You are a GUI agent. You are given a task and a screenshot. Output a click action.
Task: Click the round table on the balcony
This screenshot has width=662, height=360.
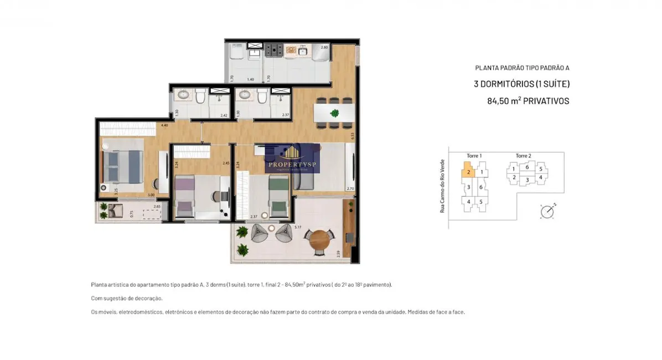[319, 239]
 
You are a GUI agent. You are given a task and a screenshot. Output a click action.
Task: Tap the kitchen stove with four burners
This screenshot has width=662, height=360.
[273, 50]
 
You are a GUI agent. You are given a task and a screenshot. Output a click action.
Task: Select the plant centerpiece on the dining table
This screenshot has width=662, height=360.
[334, 114]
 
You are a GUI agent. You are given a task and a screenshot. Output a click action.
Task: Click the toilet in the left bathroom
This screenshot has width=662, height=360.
[200, 98]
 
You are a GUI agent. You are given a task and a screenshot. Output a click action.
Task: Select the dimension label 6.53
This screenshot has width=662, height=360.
[351, 135]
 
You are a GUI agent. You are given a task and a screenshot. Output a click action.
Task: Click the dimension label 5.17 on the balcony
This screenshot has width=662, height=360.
[297, 228]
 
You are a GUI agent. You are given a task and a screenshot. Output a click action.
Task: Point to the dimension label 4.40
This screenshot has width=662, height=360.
[164, 126]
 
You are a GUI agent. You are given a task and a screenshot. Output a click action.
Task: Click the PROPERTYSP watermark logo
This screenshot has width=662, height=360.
[292, 158]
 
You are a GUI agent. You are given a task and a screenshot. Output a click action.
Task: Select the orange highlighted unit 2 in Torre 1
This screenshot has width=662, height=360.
[468, 172]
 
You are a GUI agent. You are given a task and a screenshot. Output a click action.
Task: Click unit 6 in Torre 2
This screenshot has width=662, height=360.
[527, 167]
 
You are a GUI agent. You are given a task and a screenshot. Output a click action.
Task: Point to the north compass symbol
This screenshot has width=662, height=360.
[547, 211]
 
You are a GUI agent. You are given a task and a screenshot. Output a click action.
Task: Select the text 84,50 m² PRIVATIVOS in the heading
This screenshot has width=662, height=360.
[527, 101]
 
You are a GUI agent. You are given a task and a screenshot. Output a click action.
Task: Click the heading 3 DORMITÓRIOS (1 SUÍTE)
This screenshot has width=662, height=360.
[521, 84]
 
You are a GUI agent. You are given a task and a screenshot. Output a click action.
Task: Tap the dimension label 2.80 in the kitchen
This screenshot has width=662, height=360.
[325, 48]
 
